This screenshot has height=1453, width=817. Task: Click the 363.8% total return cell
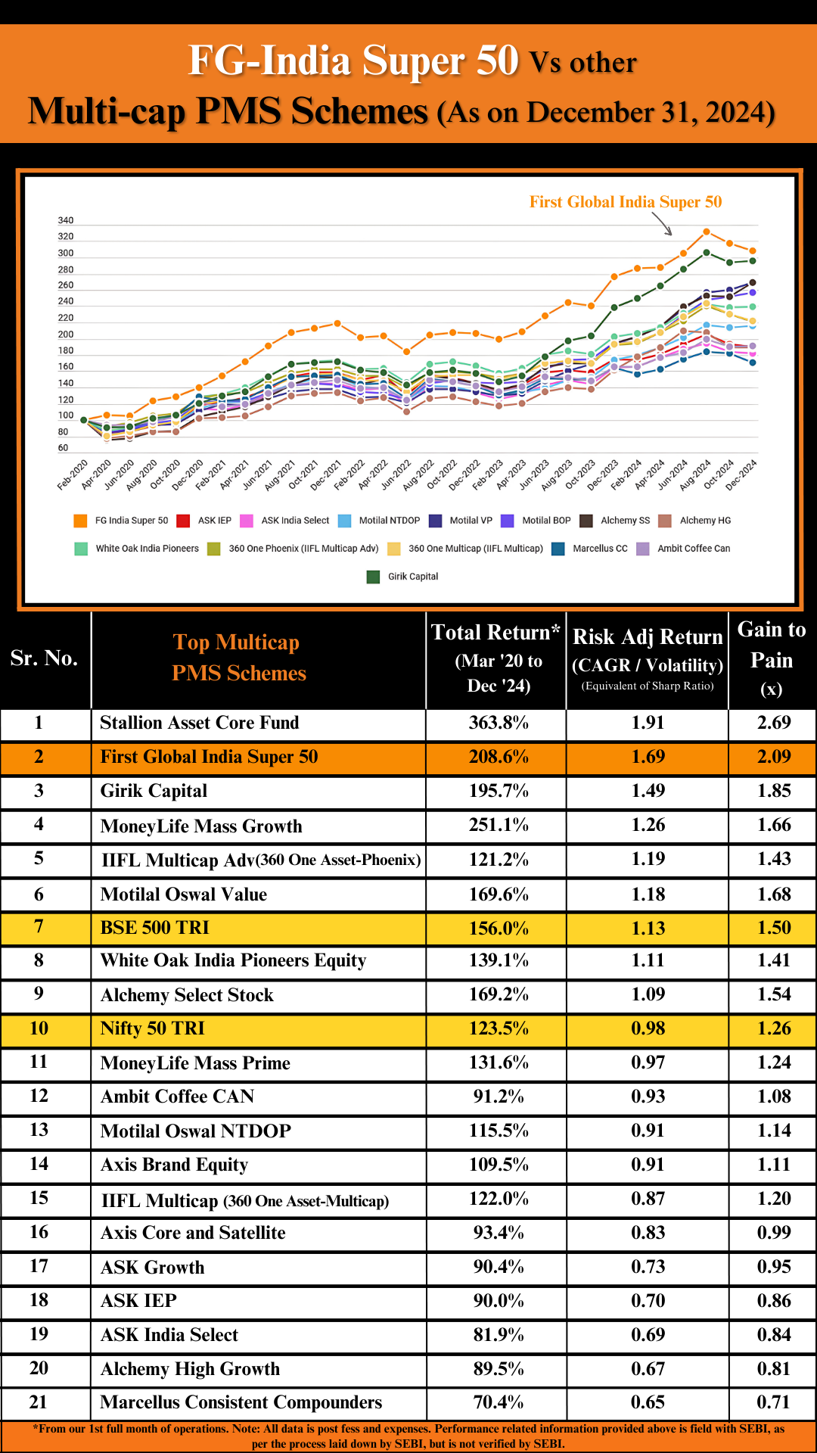coord(499,723)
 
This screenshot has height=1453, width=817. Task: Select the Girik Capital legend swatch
coord(373,577)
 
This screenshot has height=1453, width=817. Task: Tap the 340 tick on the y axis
coord(66,221)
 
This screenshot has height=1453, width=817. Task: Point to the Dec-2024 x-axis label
coord(742,474)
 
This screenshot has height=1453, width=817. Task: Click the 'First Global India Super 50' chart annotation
coord(625,202)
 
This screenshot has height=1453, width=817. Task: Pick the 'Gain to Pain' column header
coord(772,658)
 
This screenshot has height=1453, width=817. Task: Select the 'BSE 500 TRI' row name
coord(155,928)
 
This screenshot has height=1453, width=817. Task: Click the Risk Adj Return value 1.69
coord(648,757)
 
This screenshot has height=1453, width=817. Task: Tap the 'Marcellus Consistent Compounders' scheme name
coord(241,1402)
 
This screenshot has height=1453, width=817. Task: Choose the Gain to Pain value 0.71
coord(773,1402)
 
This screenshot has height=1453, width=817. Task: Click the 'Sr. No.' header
coord(45,658)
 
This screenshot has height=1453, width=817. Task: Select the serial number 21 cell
coord(39,1402)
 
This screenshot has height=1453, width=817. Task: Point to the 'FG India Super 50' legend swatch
coord(80,521)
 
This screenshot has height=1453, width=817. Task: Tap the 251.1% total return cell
coord(499,825)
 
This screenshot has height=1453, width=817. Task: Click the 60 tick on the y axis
coord(63,448)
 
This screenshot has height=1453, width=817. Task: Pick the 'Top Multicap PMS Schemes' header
coord(238,658)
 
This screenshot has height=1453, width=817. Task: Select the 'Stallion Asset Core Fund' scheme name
coord(200,723)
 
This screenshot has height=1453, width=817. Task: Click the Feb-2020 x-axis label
coord(73,474)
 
